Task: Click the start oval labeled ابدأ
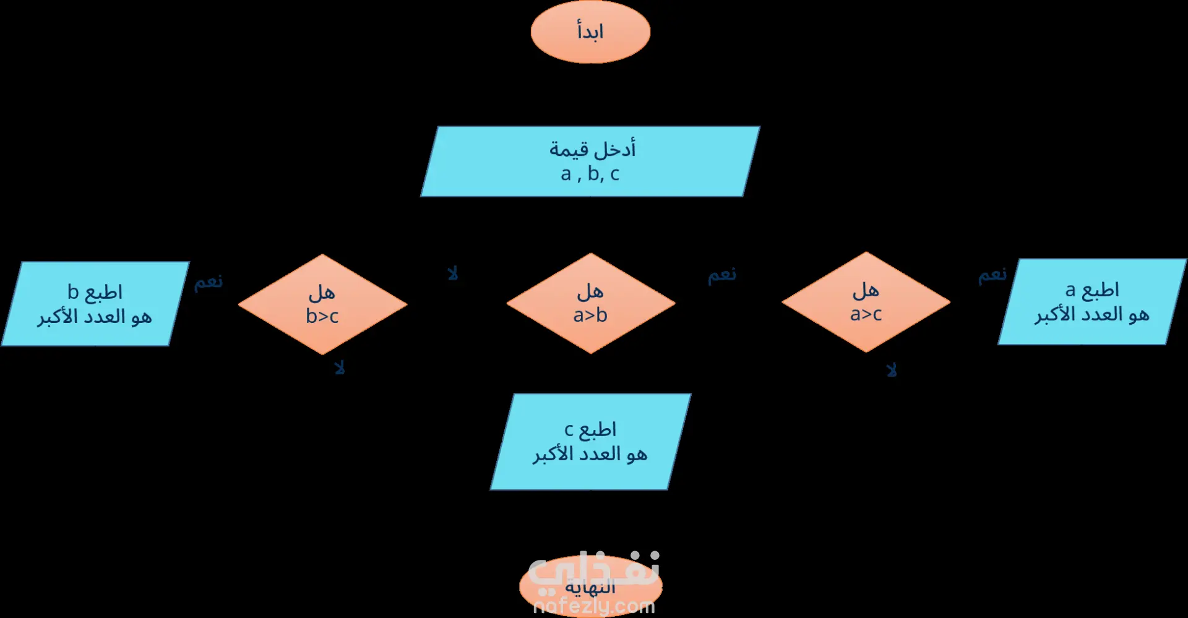click(590, 32)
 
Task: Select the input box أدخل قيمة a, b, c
click(590, 161)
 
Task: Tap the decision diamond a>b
click(590, 303)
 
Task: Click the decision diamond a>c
click(866, 302)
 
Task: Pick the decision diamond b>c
click(322, 304)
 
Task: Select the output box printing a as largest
click(1091, 302)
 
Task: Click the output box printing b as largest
click(95, 304)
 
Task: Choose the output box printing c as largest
click(590, 442)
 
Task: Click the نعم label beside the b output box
click(209, 282)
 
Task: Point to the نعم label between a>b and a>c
click(722, 275)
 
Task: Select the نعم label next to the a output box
click(992, 275)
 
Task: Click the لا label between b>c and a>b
click(453, 273)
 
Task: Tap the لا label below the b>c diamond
click(339, 368)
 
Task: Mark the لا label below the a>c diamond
click(891, 370)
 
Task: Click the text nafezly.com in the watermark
click(594, 607)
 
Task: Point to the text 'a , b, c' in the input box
click(590, 174)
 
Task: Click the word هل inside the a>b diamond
click(590, 291)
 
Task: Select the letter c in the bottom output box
click(569, 429)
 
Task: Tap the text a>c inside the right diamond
click(866, 314)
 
